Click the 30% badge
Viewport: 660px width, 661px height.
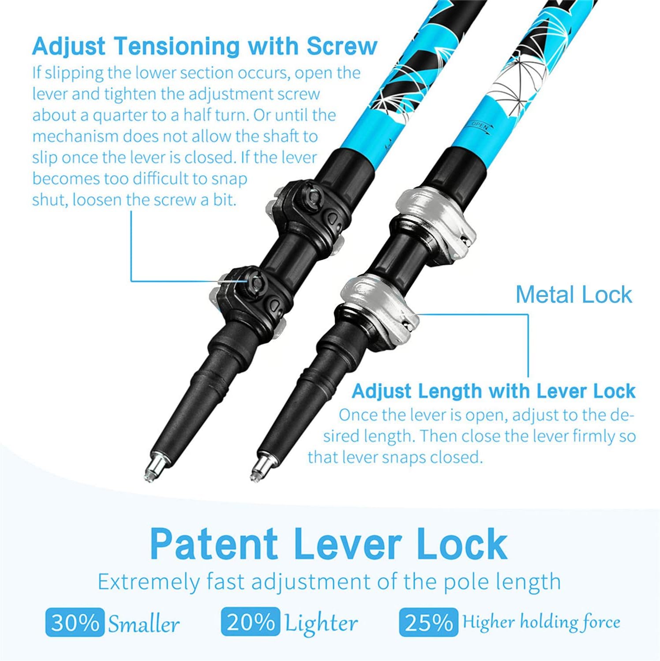coord(75,622)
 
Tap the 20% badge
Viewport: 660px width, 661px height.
coord(251,622)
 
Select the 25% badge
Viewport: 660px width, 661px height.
coord(428,622)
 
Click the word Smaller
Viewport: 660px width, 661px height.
coord(144,624)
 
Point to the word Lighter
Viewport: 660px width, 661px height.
coord(321,624)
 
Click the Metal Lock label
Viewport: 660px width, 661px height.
coord(574,294)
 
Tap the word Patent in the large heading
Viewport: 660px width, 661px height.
coord(214,544)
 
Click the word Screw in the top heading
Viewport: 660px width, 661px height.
coord(342,46)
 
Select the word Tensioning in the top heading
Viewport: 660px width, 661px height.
coord(176,47)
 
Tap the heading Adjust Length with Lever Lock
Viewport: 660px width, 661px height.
coord(494,391)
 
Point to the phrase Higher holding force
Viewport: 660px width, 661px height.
coord(541,622)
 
